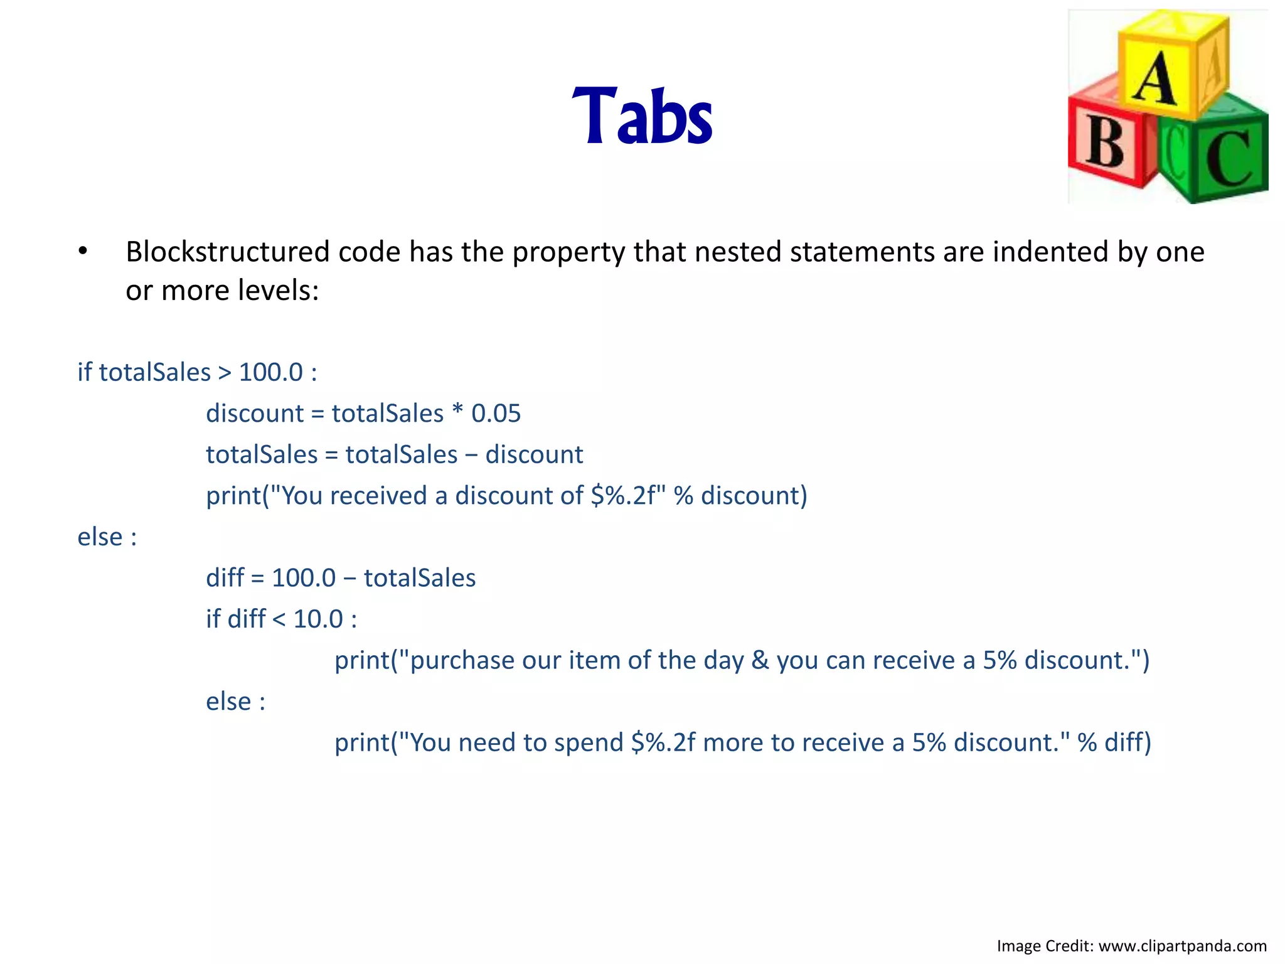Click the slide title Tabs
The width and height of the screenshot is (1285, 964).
coord(642,117)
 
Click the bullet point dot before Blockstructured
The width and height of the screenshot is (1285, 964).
coord(83,252)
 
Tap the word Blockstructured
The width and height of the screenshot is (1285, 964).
coord(228,252)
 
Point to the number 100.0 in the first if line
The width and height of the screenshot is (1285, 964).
coord(271,372)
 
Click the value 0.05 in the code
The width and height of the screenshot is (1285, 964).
coord(496,414)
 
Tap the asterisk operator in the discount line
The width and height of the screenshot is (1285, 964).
coord(457,411)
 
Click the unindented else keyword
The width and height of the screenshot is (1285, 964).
coord(100,537)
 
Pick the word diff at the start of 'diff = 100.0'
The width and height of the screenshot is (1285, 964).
coord(225,578)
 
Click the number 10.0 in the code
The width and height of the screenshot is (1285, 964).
coord(318,619)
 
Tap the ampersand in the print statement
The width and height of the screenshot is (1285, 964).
coord(760,660)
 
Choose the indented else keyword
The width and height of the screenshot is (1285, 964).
coord(228,702)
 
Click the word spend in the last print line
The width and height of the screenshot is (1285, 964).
coord(589,743)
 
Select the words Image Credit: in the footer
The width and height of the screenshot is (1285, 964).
coord(1045,946)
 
